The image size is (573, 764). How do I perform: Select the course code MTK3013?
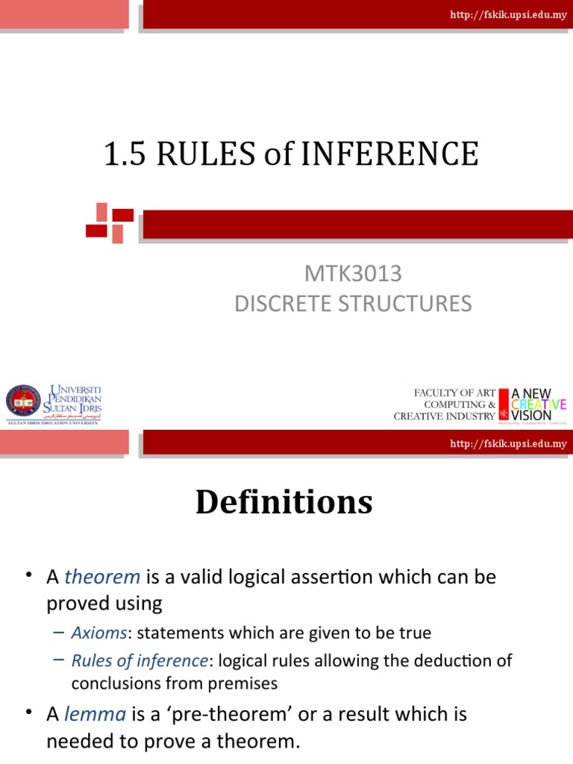click(353, 274)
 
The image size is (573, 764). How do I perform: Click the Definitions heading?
click(284, 502)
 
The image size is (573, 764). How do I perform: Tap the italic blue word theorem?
click(102, 577)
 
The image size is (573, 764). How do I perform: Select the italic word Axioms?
click(99, 633)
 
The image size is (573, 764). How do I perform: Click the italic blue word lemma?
click(95, 714)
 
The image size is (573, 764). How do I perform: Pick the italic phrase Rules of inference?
click(139, 661)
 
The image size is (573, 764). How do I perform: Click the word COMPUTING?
click(450, 404)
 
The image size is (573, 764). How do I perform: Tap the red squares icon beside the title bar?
click(109, 222)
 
